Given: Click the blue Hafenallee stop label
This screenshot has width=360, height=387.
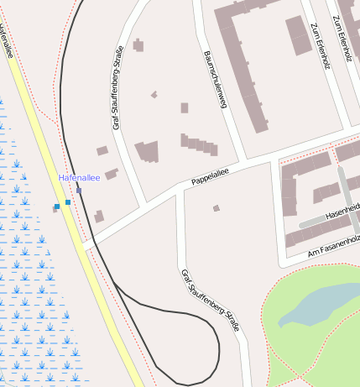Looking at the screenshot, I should (79, 178).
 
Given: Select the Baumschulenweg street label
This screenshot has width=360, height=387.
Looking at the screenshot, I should (216, 80).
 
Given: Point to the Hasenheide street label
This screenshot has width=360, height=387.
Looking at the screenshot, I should (342, 211).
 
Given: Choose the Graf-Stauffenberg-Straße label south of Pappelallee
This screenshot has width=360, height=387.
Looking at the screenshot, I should (210, 300).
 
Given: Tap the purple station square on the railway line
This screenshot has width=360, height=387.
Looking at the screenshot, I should (79, 191).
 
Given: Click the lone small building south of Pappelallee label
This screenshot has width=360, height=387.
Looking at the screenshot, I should (216, 208).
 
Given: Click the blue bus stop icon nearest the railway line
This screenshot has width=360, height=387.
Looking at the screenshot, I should (68, 201).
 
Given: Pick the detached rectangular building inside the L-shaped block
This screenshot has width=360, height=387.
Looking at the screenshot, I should (298, 34).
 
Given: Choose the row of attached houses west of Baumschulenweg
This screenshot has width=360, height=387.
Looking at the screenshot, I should (199, 145).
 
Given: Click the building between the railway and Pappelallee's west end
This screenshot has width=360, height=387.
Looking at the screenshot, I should (99, 217).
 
